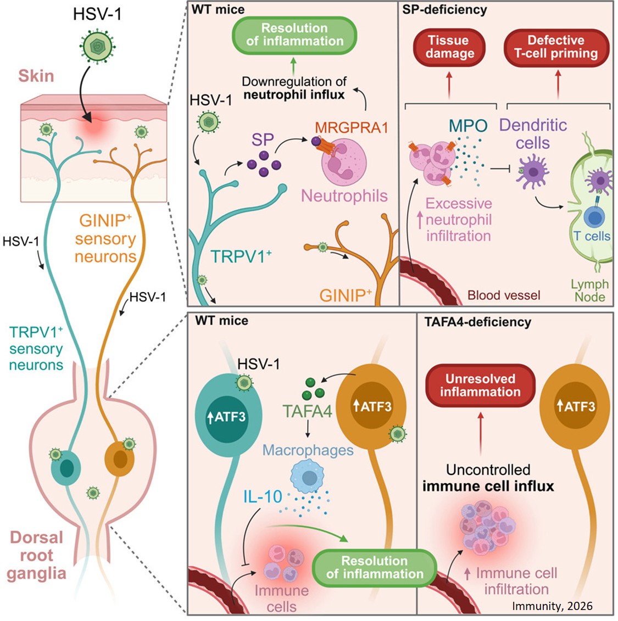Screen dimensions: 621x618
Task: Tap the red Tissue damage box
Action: point(449,47)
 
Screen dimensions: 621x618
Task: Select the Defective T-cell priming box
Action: point(556,47)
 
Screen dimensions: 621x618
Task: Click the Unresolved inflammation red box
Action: point(480,385)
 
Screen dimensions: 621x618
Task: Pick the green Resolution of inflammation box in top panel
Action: point(294,35)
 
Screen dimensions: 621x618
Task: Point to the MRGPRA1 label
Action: point(352,128)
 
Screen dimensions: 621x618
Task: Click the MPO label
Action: point(467,125)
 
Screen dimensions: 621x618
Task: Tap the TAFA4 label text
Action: point(308,411)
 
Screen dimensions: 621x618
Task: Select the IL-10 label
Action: point(263,497)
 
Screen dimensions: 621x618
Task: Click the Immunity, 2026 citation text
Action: point(552,606)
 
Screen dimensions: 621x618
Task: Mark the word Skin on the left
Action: point(37,76)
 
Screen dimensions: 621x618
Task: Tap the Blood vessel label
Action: point(504,295)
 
